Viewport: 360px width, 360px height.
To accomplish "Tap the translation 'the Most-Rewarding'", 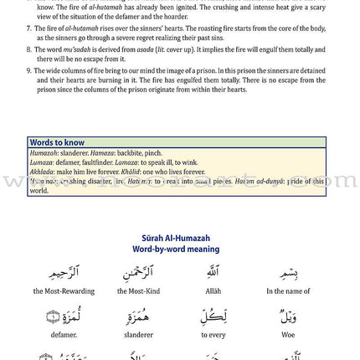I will click(64, 291).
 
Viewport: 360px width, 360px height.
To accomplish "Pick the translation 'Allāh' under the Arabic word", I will click(213, 291).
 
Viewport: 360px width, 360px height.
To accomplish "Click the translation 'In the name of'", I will click(289, 291).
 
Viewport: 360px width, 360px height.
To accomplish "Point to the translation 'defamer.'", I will click(64, 335).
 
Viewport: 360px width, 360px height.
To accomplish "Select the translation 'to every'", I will click(213, 335).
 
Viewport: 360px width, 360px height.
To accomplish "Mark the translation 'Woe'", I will click(289, 335).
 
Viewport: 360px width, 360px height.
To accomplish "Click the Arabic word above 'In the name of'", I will click(289, 273).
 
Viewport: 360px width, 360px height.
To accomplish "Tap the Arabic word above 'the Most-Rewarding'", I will click(64, 273).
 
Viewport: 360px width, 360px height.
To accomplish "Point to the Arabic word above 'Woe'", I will click(289, 316).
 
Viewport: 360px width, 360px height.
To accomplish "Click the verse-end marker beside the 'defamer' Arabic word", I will click(52, 317).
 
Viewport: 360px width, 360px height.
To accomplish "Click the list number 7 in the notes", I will click(28, 28).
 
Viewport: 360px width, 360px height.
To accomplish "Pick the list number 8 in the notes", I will click(28, 49).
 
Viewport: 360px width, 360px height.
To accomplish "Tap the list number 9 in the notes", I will click(28, 71).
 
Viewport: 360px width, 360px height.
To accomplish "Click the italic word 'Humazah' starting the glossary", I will click(44, 153).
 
